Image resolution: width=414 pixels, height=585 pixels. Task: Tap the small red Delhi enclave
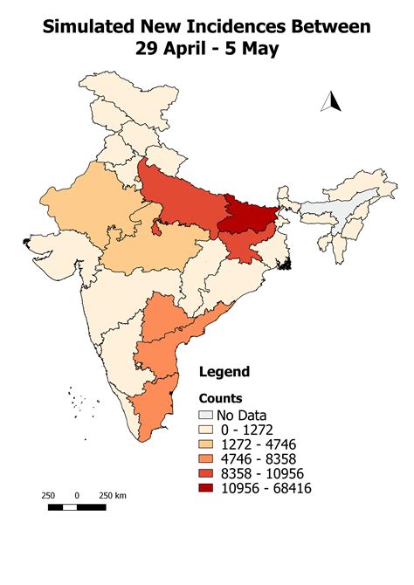pyautogui.click(x=154, y=229)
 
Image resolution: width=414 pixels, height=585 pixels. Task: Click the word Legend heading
pyautogui.click(x=224, y=371)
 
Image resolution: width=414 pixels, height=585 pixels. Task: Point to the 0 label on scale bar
pyautogui.click(x=77, y=495)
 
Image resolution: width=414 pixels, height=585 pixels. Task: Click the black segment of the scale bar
pyautogui.click(x=62, y=506)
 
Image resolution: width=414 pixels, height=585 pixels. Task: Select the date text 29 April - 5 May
pyautogui.click(x=207, y=49)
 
